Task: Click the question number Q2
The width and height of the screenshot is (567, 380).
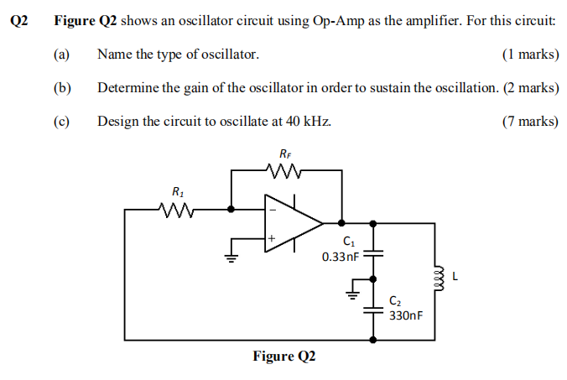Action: (x=19, y=20)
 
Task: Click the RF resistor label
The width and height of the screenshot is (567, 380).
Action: (x=286, y=154)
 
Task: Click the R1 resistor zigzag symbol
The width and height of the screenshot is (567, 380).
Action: (x=177, y=209)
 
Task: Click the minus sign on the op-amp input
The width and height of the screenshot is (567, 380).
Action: (x=271, y=210)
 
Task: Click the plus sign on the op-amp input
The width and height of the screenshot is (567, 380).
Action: (x=271, y=239)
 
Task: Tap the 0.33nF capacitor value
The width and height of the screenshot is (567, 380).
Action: (x=341, y=257)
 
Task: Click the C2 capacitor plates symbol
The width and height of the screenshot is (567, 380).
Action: (x=373, y=310)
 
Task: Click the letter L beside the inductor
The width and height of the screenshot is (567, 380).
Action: (x=455, y=275)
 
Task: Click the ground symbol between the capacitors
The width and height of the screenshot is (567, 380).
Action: (x=353, y=294)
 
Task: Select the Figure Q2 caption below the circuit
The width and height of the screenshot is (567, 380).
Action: (x=284, y=357)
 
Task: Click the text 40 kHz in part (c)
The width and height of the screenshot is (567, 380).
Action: (x=309, y=122)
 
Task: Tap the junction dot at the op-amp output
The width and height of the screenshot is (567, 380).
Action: (x=341, y=224)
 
